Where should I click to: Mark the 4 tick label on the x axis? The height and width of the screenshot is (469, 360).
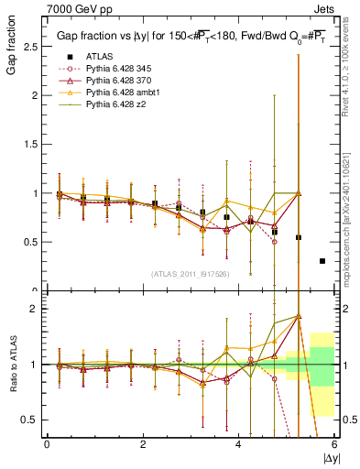tap(239, 444)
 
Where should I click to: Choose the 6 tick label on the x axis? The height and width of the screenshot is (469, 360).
tap(334, 444)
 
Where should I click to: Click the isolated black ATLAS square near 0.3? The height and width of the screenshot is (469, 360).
tap(322, 261)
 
